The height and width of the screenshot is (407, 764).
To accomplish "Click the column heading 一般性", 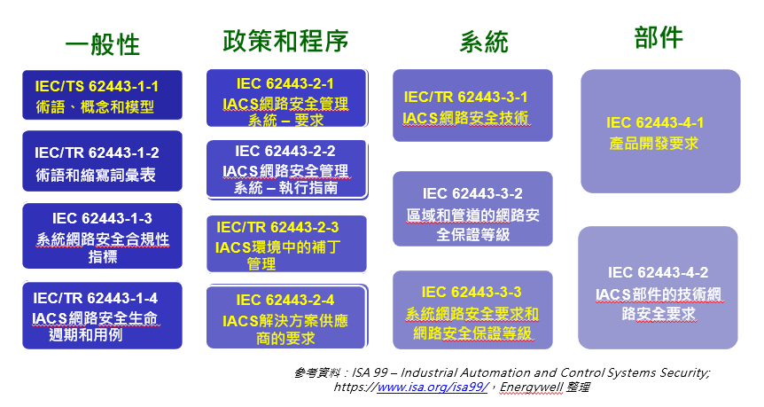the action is [x=102, y=44].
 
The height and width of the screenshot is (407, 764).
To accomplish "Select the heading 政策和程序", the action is [x=285, y=41].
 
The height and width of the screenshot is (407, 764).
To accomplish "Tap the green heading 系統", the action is [x=484, y=42].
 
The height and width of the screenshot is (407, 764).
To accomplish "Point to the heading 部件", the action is [x=659, y=37].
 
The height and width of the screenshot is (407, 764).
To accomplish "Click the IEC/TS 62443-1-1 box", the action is [x=102, y=95].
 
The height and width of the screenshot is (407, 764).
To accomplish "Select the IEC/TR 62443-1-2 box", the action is [x=102, y=161].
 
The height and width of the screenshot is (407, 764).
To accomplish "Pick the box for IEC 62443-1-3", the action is [x=102, y=236].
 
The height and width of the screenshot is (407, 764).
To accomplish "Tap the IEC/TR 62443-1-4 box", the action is [x=102, y=316].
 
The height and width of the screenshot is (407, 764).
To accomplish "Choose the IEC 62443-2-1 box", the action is [x=287, y=98].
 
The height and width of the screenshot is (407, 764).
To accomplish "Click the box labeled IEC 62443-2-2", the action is [x=287, y=169].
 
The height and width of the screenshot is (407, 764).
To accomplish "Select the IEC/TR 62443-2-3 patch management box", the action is [x=286, y=244].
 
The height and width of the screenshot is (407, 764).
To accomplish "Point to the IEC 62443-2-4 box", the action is [x=287, y=317].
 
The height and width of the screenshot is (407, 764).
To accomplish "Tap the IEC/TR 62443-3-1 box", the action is [x=472, y=106].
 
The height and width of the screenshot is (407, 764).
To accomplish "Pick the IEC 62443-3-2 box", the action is [x=472, y=208].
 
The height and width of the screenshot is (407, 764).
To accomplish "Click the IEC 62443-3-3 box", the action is [x=472, y=310].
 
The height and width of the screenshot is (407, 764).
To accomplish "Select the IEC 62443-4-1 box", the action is [x=660, y=131].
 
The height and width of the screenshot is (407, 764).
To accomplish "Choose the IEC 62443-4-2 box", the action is [x=658, y=287].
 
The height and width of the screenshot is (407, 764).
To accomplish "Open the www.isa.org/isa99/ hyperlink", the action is [x=433, y=387].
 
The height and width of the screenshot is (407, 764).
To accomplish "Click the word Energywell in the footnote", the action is [x=531, y=387].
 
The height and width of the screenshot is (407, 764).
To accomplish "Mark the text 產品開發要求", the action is [x=654, y=144].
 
